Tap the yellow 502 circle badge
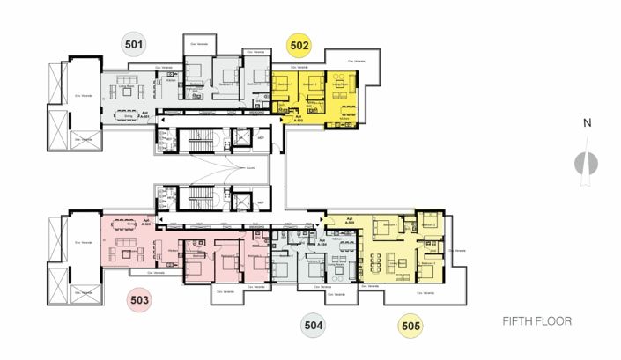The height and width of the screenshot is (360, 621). click(299, 45)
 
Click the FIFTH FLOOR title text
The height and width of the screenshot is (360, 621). click(536, 322)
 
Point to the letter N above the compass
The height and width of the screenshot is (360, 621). click(586, 123)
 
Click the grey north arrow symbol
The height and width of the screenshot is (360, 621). click(585, 165)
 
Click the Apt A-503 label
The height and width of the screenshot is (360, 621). click(160, 222)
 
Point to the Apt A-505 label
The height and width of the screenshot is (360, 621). click(350, 222)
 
